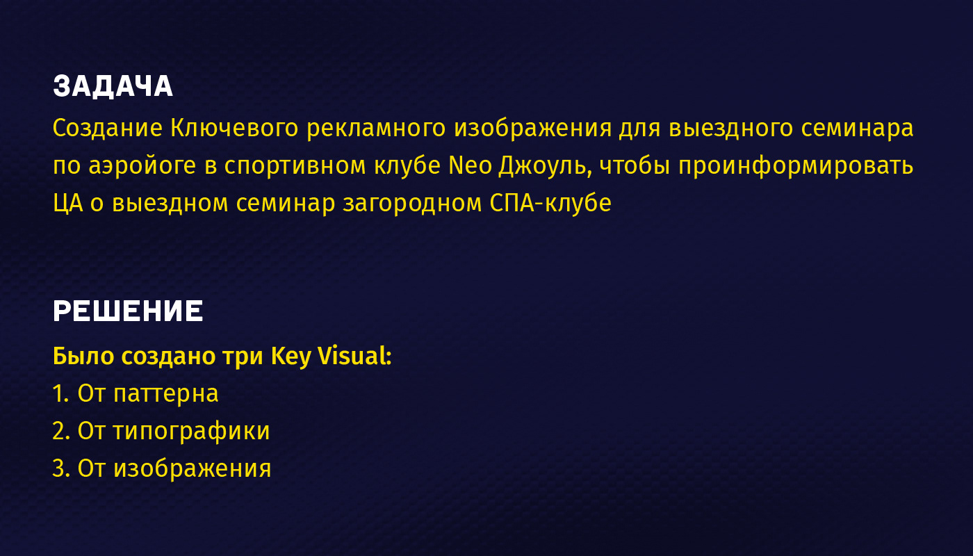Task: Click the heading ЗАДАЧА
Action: pos(113,86)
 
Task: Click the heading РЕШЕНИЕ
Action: pos(128,311)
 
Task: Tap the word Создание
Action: pos(108,128)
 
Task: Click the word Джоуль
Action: pos(546,167)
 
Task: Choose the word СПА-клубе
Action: pos(550,203)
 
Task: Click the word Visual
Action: pos(354,356)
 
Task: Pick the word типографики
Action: pos(192,432)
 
